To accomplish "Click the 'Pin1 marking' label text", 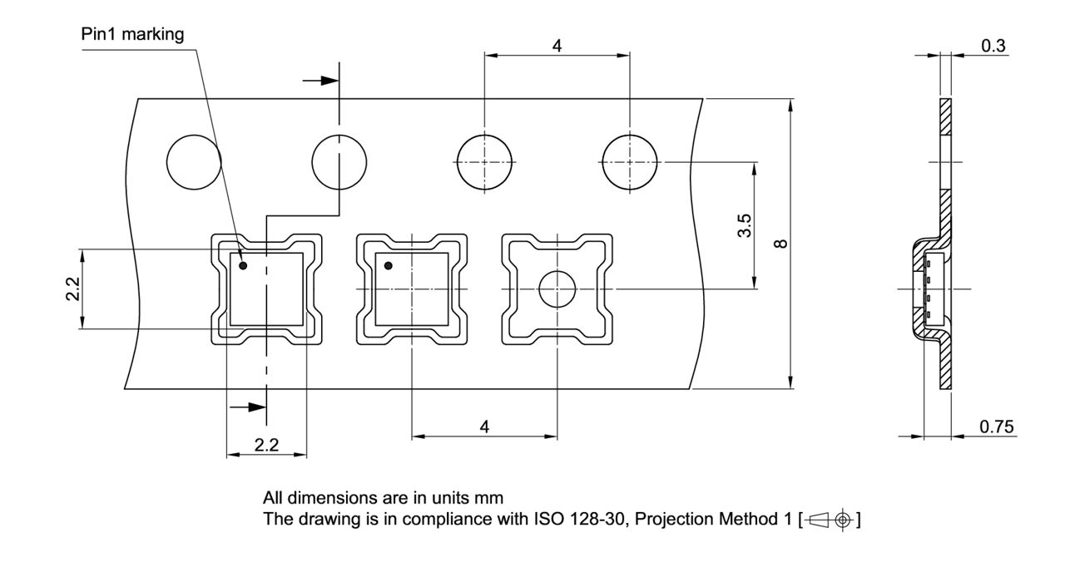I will click(x=132, y=34).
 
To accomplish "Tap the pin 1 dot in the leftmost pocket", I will click(x=243, y=266).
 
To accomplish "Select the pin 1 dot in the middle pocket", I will click(x=388, y=266).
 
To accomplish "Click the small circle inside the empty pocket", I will click(x=557, y=289).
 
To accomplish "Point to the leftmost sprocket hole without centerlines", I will click(x=194, y=161).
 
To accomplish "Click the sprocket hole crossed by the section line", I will click(x=339, y=161).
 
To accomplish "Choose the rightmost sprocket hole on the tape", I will click(x=630, y=161).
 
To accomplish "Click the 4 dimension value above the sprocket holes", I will click(x=557, y=46).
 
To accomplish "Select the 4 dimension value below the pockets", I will click(x=484, y=426).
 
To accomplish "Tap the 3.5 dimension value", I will click(x=745, y=225).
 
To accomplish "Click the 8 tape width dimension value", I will click(x=780, y=244).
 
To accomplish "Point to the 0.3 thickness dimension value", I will click(x=993, y=46).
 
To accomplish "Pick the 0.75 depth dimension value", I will click(x=996, y=426).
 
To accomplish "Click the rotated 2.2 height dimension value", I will click(x=73, y=289).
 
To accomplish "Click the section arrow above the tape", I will click(x=321, y=81).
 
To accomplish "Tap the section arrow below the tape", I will click(x=248, y=407).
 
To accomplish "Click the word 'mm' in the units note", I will click(x=488, y=499).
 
